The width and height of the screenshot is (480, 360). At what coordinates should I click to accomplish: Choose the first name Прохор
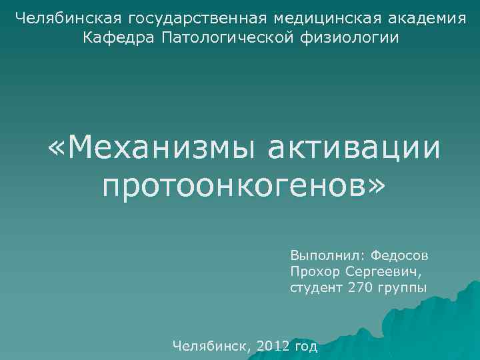pos(314,272)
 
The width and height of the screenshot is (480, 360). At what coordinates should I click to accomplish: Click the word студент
pos(316,288)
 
